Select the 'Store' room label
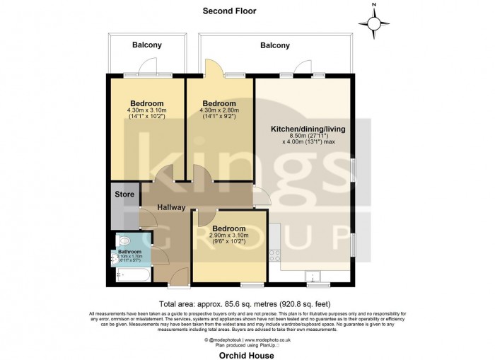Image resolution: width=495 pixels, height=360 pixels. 124,193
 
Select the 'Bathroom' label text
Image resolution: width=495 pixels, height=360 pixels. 130,251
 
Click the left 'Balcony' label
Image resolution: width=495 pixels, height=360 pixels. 147,45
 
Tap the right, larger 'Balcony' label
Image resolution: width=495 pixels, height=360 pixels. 274,45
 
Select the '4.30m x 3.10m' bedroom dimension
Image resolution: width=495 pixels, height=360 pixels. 146,110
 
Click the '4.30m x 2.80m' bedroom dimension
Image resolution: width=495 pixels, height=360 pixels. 220,110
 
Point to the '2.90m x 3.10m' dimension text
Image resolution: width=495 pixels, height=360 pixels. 228,238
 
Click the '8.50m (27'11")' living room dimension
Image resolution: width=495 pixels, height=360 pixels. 309,136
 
